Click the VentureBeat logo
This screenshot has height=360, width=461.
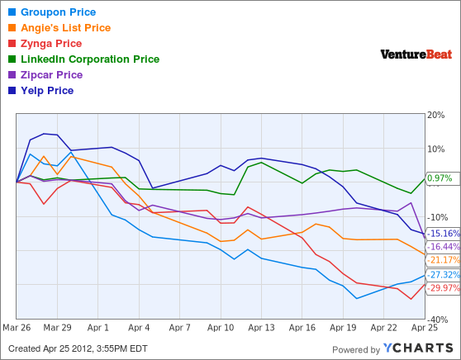point(416,54)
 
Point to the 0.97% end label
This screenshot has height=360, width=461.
point(440,178)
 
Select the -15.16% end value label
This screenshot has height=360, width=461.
point(444,234)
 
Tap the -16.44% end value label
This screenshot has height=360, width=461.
point(444,246)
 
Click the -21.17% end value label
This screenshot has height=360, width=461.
point(444,260)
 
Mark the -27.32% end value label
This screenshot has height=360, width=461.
point(444,275)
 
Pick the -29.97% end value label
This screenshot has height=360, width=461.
point(444,287)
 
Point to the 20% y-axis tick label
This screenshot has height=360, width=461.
point(436,116)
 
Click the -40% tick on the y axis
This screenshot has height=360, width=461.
point(437,320)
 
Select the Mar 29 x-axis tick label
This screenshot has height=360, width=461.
point(57,327)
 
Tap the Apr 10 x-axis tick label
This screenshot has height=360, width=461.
point(221,327)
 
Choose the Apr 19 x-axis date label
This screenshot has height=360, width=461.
point(343,327)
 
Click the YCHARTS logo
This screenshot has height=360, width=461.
point(418,348)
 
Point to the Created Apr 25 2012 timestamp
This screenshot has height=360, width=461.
point(78,348)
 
